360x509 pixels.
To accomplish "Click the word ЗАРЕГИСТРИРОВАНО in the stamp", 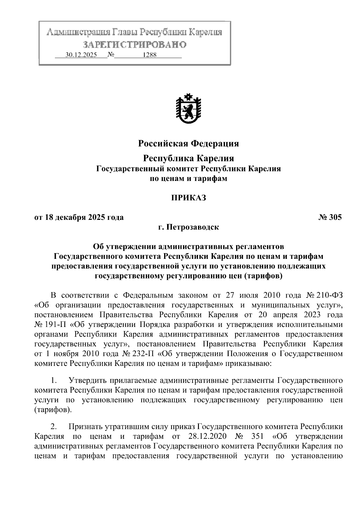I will coord(135,45).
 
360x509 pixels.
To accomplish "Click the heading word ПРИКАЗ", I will coord(188,198).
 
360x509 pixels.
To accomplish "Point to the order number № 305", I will coord(330,217).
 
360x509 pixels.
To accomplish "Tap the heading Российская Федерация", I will coord(188,144).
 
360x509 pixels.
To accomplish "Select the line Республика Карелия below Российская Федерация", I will coord(188,158).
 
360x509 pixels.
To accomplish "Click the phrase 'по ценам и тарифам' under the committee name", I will coord(188,179).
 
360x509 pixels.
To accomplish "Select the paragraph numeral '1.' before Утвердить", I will coord(54,381).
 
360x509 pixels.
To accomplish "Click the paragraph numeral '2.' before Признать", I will coord(54,426).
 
